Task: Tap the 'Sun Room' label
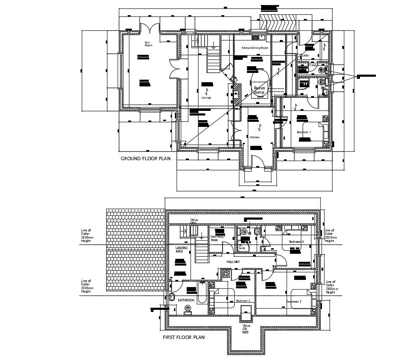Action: point(148,44)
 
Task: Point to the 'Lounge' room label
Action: point(206,97)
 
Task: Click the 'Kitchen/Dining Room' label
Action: point(255,48)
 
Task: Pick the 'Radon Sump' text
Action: point(259,90)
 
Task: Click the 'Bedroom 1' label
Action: point(303,132)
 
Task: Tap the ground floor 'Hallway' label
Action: point(255,137)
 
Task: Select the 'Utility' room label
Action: point(306,55)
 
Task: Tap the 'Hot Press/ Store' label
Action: point(218,238)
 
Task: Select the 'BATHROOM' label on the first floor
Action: point(186,300)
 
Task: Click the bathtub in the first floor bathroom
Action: point(201,299)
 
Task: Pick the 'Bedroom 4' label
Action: point(296,242)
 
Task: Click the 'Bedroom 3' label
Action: point(294,302)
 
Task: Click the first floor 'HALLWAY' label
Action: point(233,262)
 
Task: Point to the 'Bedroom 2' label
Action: point(243,301)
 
